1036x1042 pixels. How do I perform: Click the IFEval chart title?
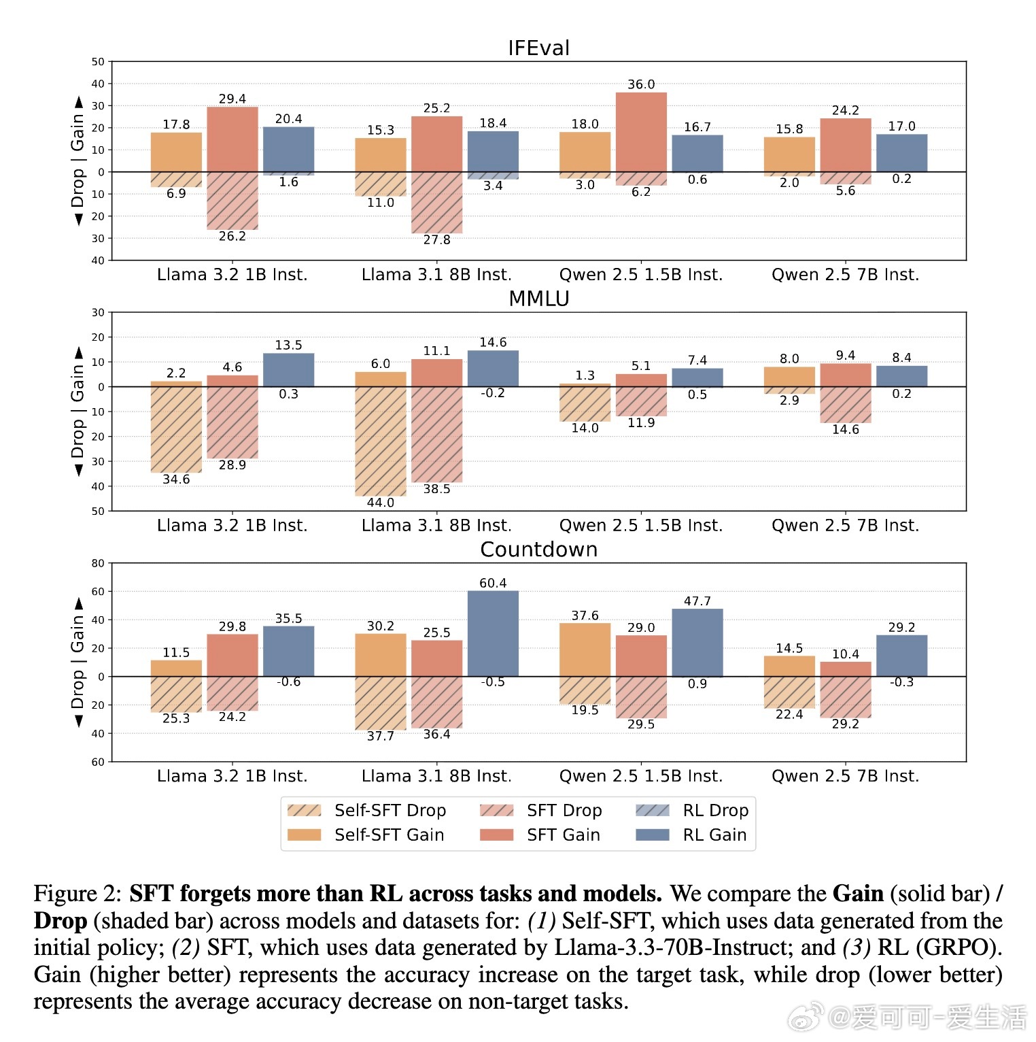(x=538, y=48)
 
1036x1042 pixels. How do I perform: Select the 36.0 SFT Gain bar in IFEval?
(x=641, y=132)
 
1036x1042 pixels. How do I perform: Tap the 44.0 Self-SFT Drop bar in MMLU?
(x=381, y=441)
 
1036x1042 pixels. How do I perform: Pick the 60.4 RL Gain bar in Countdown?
(x=493, y=633)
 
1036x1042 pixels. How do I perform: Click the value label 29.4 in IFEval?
(x=232, y=99)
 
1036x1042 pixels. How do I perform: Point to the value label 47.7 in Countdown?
(x=697, y=601)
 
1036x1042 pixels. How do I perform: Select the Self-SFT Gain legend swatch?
(x=305, y=835)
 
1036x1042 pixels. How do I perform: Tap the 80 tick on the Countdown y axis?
(x=99, y=563)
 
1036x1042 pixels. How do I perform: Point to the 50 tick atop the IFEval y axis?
(x=99, y=62)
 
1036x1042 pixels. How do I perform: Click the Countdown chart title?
(x=538, y=550)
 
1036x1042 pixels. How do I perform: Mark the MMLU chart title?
(x=538, y=299)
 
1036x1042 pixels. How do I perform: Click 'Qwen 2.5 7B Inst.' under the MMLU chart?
(x=845, y=526)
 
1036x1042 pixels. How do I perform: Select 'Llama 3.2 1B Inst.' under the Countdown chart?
(x=232, y=776)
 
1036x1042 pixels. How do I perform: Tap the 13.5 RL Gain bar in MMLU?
(x=289, y=370)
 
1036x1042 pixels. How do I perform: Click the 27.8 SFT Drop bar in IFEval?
(x=436, y=203)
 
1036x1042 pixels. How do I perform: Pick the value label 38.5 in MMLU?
(x=436, y=489)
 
